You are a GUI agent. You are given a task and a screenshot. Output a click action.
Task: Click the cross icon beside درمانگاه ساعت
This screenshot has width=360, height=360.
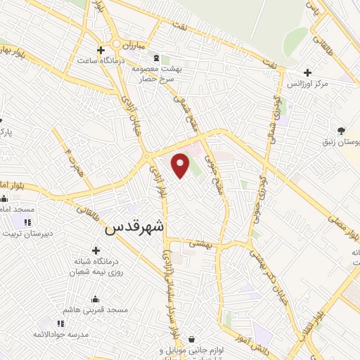[101, 50]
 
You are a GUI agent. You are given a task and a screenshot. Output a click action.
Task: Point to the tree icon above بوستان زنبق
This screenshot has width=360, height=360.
[341, 130]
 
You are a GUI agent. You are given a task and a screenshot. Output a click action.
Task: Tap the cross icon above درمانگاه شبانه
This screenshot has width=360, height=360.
[96, 250]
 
